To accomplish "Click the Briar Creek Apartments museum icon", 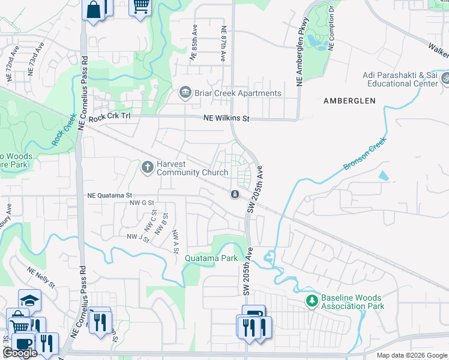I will (x=185, y=92).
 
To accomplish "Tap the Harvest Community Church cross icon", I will (x=148, y=167).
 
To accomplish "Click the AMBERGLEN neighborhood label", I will (x=351, y=101).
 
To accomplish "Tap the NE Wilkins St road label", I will (x=226, y=119).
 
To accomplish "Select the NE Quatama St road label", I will (x=109, y=195).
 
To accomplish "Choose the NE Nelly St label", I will (x=40, y=277).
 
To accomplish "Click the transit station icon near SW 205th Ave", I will (x=235, y=194).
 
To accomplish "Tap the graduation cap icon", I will (x=29, y=299).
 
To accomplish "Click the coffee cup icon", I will (x=23, y=343).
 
